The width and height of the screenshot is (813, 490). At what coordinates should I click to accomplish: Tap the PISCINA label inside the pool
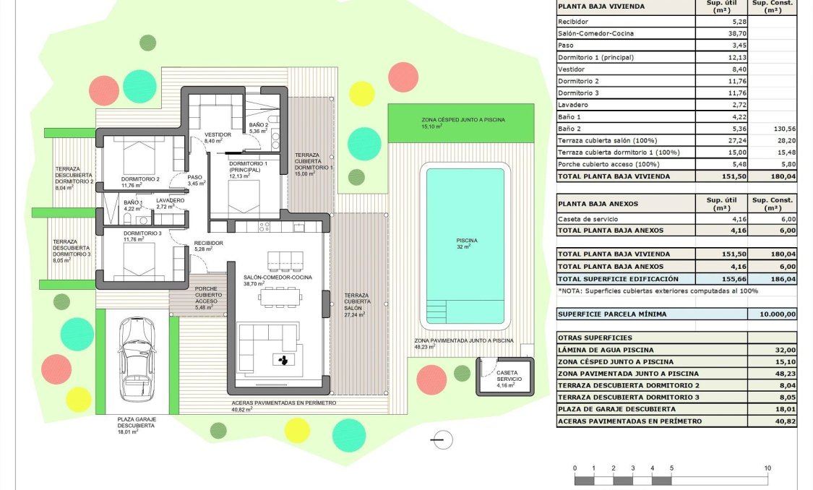(x=463, y=241)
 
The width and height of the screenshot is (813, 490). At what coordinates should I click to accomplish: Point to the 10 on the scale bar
(x=767, y=468)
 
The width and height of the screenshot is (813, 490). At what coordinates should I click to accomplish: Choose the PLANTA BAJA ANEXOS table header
(x=598, y=204)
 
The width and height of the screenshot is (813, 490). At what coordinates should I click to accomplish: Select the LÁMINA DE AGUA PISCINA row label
(x=606, y=350)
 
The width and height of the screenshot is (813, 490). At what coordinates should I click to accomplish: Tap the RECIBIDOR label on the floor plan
(x=208, y=244)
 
